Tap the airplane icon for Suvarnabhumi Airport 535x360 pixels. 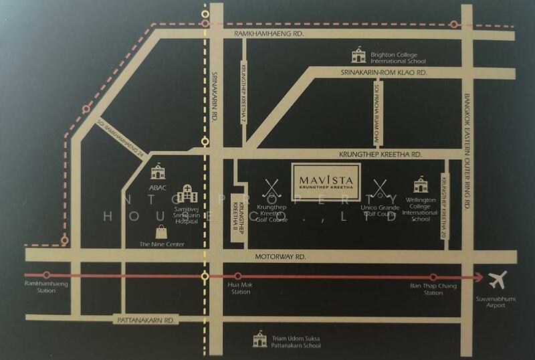(x=498, y=278)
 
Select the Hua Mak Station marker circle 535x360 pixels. (x=238, y=276)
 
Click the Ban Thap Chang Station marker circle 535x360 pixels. (x=433, y=276)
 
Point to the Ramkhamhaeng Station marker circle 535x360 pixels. (x=46, y=275)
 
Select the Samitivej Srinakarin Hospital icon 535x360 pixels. (x=189, y=194)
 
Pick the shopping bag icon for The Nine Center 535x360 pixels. (x=161, y=232)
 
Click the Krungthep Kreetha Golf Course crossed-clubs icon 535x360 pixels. (x=272, y=187)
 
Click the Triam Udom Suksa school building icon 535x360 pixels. (x=258, y=340)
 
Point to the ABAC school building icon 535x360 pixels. (x=158, y=172)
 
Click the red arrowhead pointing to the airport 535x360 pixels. (x=477, y=276)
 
